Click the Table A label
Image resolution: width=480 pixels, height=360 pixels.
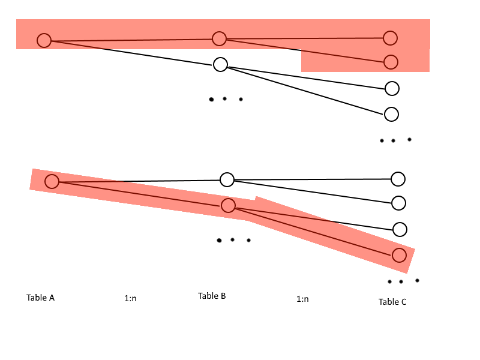(x=40, y=298)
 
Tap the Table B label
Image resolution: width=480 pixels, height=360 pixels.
(x=212, y=296)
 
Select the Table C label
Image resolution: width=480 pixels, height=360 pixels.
(x=392, y=302)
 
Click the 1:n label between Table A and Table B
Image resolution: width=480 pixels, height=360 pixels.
(x=130, y=298)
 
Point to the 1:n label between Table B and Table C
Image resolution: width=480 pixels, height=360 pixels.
(x=302, y=299)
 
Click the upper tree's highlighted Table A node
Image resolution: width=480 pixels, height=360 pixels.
(x=44, y=40)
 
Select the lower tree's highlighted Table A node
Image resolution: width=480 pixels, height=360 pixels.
(x=52, y=181)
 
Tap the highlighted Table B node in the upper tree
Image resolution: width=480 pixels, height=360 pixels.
(x=219, y=38)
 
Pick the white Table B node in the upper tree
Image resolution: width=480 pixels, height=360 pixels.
(x=220, y=64)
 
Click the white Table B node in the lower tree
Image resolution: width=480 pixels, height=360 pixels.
(x=227, y=179)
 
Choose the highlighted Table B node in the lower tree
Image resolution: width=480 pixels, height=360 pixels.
(x=228, y=206)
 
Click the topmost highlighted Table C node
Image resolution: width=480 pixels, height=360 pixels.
(x=391, y=38)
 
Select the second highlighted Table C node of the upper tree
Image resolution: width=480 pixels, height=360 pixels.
(x=391, y=61)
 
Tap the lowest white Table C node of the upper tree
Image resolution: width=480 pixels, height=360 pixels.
(x=391, y=113)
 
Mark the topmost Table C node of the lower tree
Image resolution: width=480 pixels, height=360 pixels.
(x=398, y=179)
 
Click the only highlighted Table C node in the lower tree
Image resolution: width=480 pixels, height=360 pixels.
(x=399, y=255)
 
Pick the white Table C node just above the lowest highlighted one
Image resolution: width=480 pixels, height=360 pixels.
(x=400, y=229)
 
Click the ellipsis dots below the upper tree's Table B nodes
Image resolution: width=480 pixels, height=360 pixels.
(x=226, y=99)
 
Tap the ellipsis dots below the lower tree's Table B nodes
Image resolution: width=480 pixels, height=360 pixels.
(x=233, y=240)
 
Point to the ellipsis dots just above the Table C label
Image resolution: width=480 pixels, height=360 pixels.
(x=403, y=281)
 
